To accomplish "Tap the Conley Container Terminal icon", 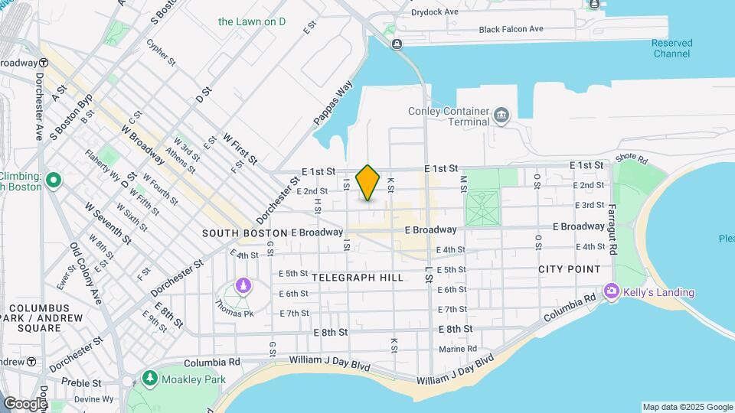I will pyautogui.click(x=501, y=115).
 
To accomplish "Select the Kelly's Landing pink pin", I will pyautogui.click(x=611, y=291).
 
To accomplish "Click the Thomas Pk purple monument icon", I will pyautogui.click(x=243, y=286).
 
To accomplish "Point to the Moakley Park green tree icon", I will pyautogui.click(x=150, y=379).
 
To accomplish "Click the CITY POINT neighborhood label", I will pyautogui.click(x=570, y=269).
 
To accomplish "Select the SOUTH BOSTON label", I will pyautogui.click(x=244, y=233).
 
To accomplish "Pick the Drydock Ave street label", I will pyautogui.click(x=434, y=12).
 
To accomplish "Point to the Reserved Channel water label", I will pyautogui.click(x=672, y=48).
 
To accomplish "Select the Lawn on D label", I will pyautogui.click(x=252, y=21).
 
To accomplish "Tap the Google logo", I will pyautogui.click(x=25, y=403).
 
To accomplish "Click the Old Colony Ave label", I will pyautogui.click(x=86, y=274).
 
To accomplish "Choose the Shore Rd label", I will pyautogui.click(x=631, y=159).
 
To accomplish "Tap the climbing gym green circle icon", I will pyautogui.click(x=54, y=180).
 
